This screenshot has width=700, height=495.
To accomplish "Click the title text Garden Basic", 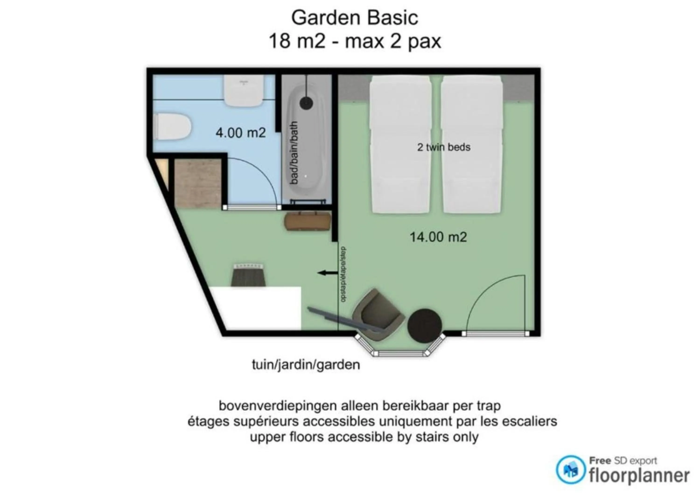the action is coord(355,18).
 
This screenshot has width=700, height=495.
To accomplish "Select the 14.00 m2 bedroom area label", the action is coord(438,237).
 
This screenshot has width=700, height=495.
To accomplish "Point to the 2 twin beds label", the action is coord(444,147).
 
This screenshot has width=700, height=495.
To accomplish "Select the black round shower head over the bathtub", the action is coord(306,103).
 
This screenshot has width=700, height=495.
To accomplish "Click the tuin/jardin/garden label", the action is coord(306,365).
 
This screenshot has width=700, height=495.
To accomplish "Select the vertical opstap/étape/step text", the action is coord(343,274).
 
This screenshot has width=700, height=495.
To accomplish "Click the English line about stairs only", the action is coord(364,437).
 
